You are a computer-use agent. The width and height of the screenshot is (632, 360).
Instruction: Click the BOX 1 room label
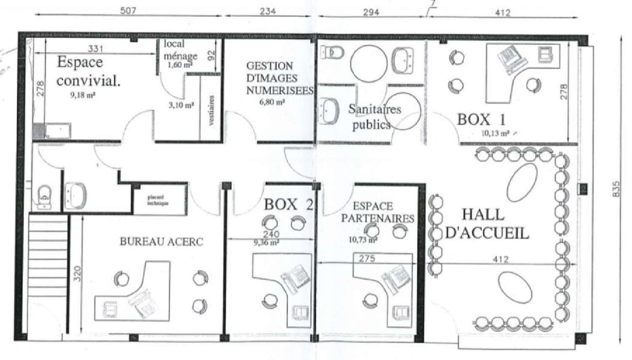pos(481,120)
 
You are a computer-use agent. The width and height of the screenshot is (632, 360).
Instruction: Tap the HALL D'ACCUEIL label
pos(487,223)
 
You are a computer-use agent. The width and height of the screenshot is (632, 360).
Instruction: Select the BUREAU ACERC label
pos(161,242)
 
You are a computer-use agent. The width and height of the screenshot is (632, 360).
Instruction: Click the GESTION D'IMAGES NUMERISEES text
pos(279,78)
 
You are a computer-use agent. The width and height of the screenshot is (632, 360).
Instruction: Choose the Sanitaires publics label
pos(373,117)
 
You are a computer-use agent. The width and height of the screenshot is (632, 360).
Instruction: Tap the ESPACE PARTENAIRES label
pos(377,212)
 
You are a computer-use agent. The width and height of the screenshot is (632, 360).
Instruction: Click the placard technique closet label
pos(158,200)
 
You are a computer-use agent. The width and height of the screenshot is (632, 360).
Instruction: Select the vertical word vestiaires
pos(212,110)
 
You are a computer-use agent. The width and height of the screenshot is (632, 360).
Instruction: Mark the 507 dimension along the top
pos(128,10)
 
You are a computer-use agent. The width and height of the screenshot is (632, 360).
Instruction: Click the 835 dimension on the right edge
pos(616,189)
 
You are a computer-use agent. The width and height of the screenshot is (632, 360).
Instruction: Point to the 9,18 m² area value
pos(83,95)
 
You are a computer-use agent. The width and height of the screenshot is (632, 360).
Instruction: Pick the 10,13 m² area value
pos(495,133)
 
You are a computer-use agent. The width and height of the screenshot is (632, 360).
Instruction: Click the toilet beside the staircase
pos(44,197)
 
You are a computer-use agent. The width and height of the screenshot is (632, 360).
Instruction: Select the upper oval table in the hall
pos(522,182)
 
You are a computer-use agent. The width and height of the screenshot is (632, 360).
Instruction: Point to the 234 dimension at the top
pos(268,11)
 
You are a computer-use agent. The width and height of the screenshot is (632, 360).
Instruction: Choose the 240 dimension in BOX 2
pos(271,234)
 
